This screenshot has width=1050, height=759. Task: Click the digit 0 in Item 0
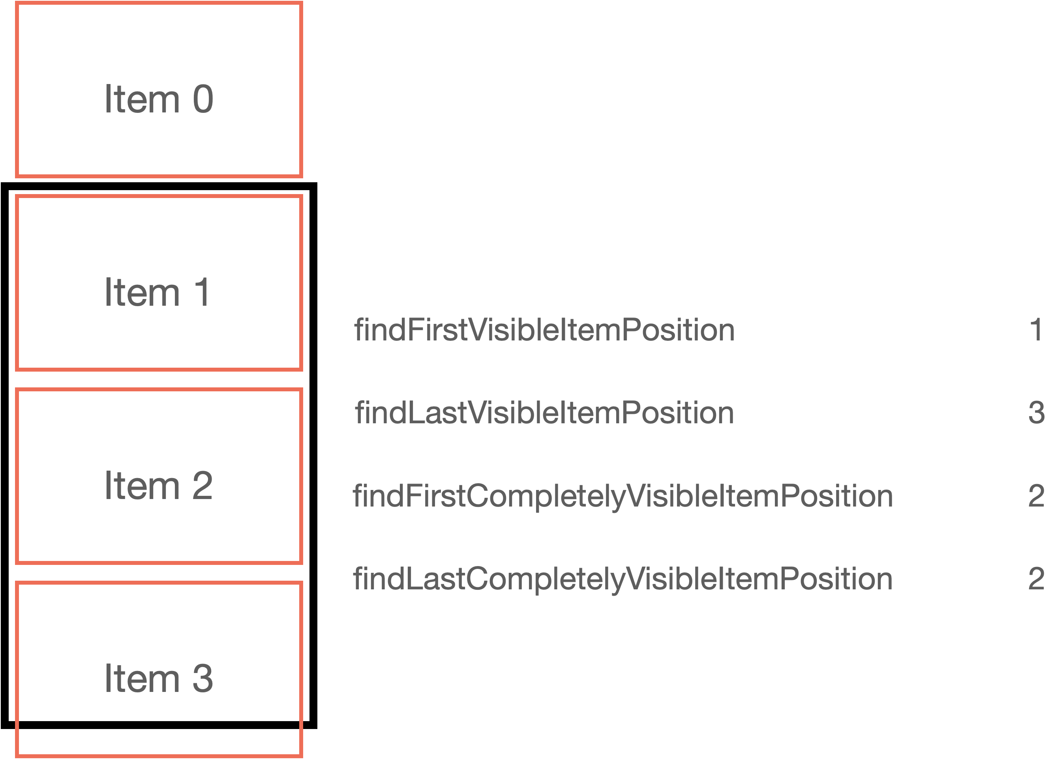click(x=203, y=99)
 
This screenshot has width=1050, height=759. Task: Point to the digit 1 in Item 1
click(x=202, y=292)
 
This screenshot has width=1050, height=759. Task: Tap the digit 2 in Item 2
click(x=202, y=486)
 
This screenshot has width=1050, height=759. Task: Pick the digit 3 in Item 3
click(x=202, y=679)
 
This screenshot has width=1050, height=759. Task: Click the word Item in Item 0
click(x=142, y=99)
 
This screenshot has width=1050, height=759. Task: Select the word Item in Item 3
click(x=142, y=679)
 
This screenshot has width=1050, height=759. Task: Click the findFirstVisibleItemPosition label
click(x=544, y=330)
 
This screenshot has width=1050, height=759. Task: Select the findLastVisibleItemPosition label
click(x=544, y=413)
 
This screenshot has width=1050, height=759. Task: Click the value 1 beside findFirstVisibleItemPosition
click(x=1036, y=330)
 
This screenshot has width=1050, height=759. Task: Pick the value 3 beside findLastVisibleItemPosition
click(x=1036, y=413)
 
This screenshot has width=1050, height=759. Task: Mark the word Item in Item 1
click(x=142, y=292)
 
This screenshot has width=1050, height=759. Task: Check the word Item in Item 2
click(x=142, y=486)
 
